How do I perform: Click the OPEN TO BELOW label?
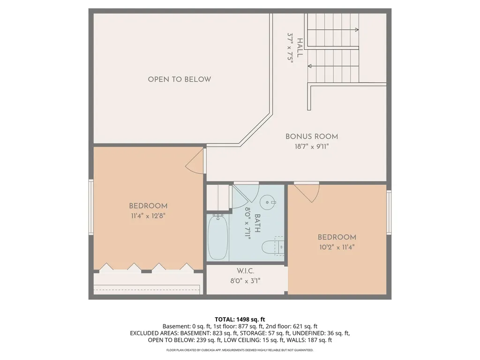(x=180, y=79)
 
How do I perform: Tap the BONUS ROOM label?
(x=312, y=136)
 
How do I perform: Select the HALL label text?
(x=300, y=48)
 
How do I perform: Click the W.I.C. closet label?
(x=245, y=271)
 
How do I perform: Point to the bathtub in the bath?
(x=217, y=237)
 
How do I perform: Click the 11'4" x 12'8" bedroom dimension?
(x=148, y=216)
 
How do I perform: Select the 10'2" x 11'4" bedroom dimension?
(x=337, y=247)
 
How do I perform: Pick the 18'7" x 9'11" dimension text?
(x=312, y=147)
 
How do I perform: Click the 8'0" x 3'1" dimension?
(x=245, y=281)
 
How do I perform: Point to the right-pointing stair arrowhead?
(x=357, y=30)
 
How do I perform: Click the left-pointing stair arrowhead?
(x=309, y=66)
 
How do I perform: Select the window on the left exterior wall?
(x=91, y=207)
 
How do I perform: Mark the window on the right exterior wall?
(x=389, y=212)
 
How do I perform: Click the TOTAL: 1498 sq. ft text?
(x=240, y=320)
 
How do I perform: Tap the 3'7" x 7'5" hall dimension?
(x=291, y=48)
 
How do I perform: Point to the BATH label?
(x=257, y=223)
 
